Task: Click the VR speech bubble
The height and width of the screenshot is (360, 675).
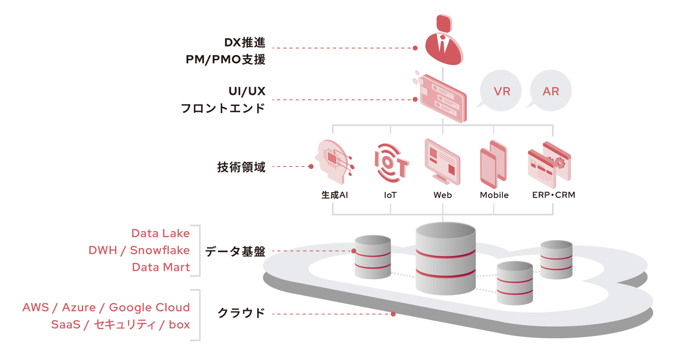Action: point(501,91)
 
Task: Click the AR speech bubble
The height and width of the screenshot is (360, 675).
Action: point(551,91)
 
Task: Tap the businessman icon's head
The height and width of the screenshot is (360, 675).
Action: point(444,23)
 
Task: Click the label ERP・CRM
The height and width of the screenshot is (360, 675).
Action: point(553,195)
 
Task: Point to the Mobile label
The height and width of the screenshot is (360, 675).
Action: point(494,195)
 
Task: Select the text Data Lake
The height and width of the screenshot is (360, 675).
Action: point(161,233)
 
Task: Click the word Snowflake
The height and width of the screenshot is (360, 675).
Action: point(160,250)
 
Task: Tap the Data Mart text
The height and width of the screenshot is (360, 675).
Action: point(161,267)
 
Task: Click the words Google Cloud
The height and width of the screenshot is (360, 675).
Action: point(150,307)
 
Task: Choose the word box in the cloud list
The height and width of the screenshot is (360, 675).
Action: point(179,325)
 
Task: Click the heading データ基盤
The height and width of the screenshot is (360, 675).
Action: point(235,251)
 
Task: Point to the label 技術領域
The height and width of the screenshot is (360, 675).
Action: point(241,167)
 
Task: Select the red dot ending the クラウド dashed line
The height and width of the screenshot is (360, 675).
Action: point(393,314)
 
